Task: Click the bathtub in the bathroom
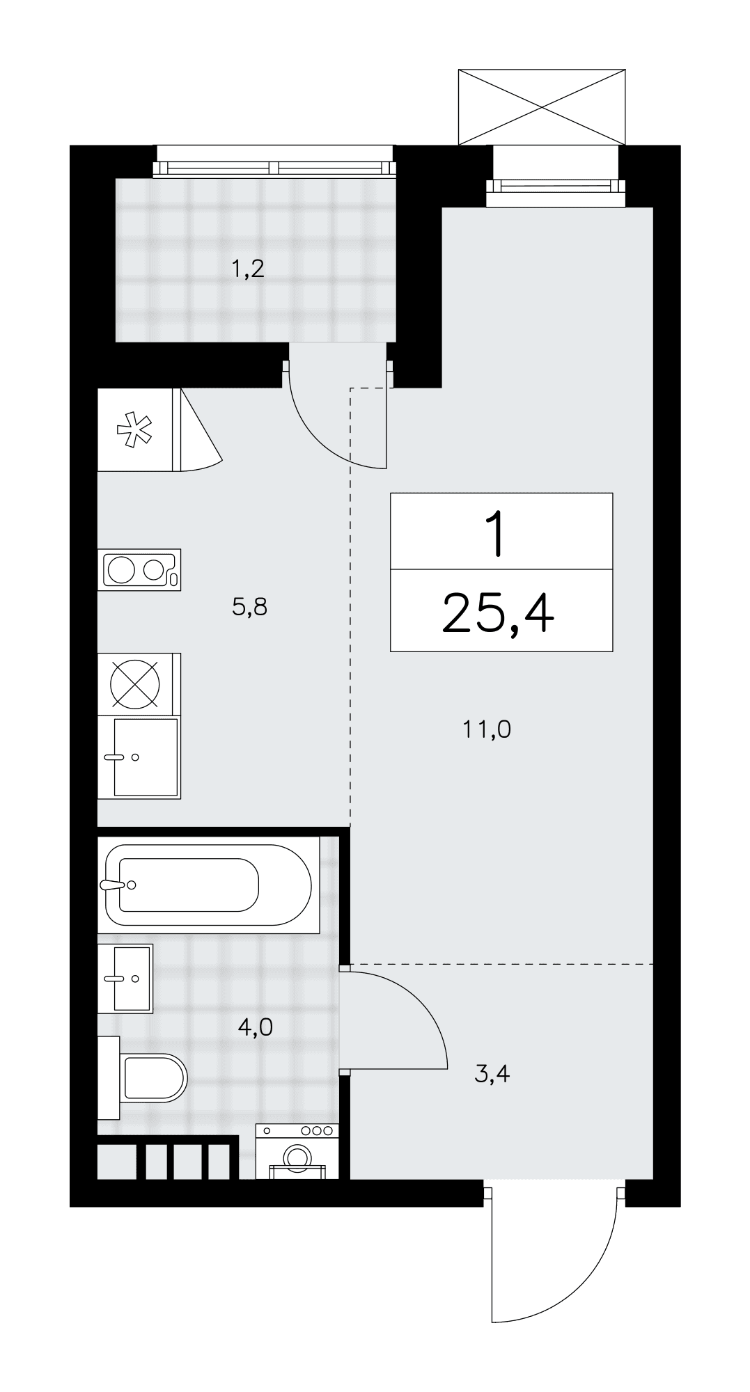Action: click(208, 885)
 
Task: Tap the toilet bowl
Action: click(143, 1078)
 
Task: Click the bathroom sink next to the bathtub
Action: click(125, 978)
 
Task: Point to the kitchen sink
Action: click(139, 757)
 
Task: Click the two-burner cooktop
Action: click(139, 570)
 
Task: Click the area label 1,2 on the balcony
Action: click(249, 269)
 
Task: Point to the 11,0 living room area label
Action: click(487, 729)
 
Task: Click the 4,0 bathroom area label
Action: click(256, 1027)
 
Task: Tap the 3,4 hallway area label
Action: click(492, 1074)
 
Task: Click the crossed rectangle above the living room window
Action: click(542, 106)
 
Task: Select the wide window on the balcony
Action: click(275, 167)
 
